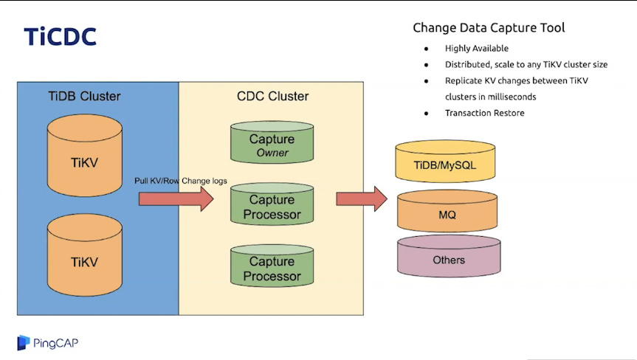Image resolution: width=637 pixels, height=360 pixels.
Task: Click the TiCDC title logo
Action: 60,36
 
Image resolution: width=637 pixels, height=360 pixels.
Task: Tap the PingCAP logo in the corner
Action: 47,342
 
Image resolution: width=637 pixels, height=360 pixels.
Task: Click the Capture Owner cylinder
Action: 272,143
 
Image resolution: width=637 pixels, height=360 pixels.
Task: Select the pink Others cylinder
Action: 448,260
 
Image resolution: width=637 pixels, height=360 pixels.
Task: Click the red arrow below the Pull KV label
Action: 176,198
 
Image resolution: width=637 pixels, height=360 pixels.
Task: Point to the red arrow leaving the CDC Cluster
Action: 362,198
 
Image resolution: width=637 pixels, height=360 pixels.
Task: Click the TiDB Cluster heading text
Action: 84,96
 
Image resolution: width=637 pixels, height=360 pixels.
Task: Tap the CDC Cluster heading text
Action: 272,96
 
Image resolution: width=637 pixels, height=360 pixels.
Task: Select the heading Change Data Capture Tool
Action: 489,28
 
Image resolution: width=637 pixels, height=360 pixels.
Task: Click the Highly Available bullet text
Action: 476,49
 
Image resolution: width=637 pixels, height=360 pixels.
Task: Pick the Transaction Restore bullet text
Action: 483,113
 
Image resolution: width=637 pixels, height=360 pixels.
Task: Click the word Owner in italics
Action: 272,153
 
